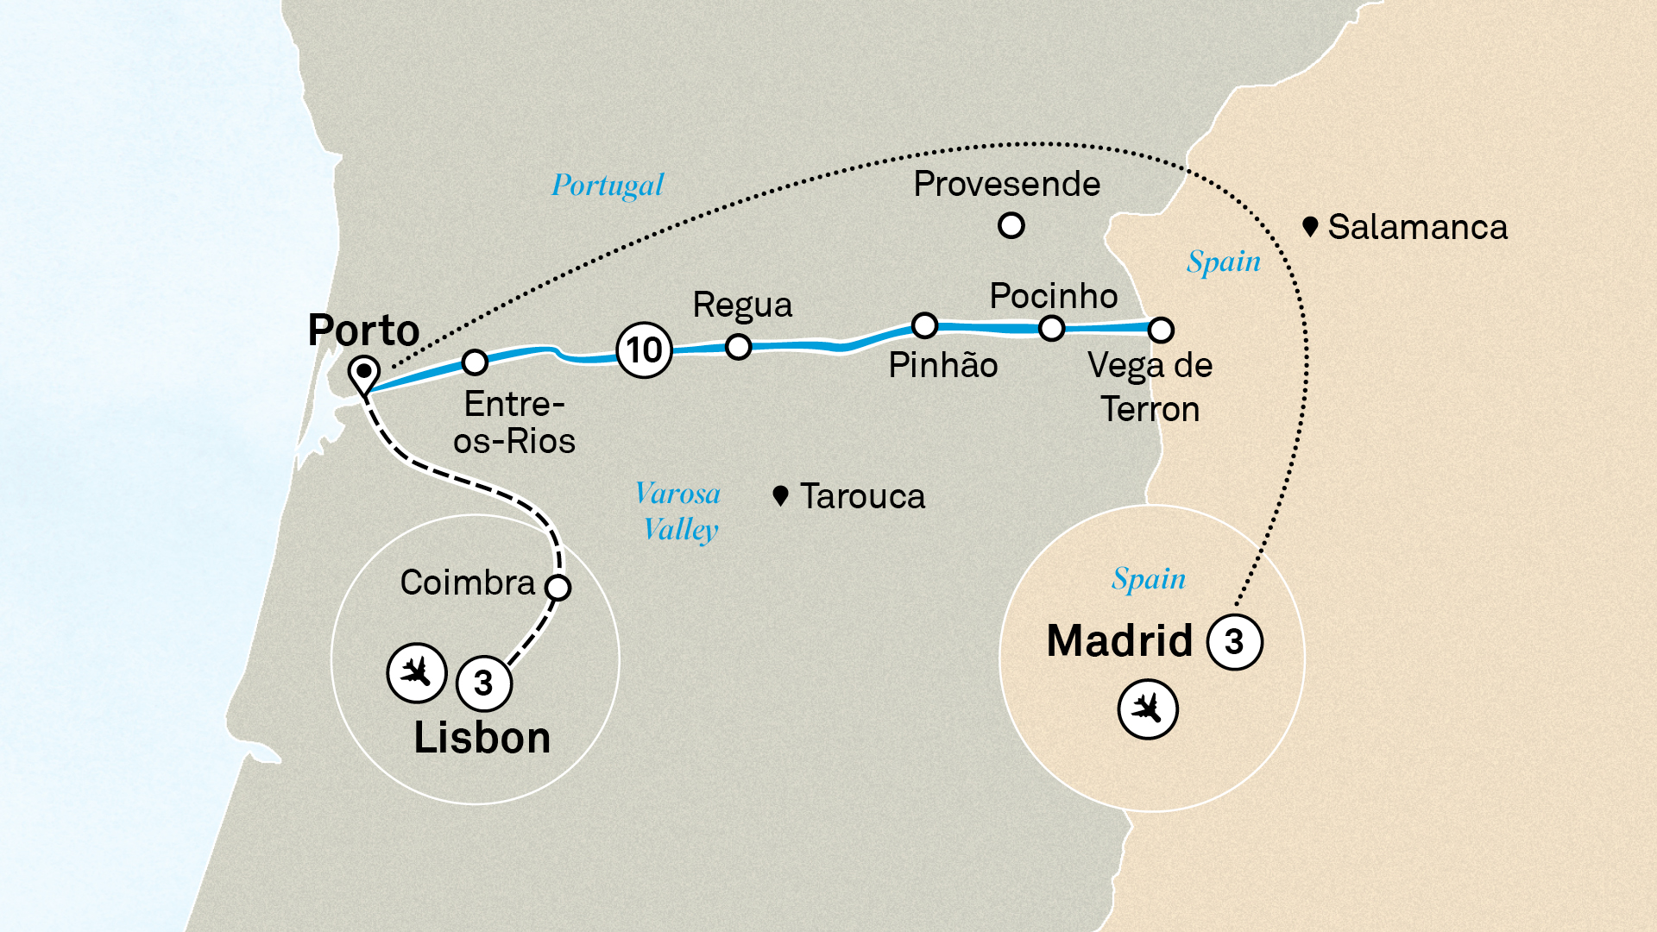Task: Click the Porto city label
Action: tap(363, 331)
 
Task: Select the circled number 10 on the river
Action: tap(644, 350)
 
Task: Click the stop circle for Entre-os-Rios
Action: tap(475, 362)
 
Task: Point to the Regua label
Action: tap(742, 305)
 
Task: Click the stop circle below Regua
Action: tap(738, 347)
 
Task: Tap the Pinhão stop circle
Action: tap(924, 325)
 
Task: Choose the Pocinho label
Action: tap(1053, 296)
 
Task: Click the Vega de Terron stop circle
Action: tap(1161, 330)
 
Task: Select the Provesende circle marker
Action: tap(1011, 226)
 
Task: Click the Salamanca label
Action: tap(1417, 228)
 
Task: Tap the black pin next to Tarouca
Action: tap(780, 495)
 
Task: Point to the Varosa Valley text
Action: tap(679, 511)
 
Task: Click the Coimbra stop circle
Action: tap(558, 588)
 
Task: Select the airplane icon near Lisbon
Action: tap(416, 672)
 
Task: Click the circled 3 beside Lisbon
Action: tap(483, 683)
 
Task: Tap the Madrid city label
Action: tap(1118, 641)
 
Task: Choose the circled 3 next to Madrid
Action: tap(1234, 642)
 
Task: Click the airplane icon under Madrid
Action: tap(1147, 709)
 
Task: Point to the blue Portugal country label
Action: tap(608, 186)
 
